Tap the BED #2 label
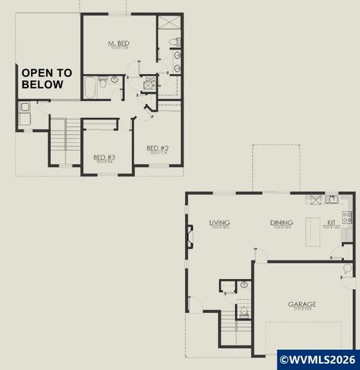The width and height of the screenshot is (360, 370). coord(157,148)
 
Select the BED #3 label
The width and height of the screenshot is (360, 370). coord(104,158)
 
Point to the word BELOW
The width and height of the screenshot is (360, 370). coord(42,85)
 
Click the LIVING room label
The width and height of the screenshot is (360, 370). coord(220,224)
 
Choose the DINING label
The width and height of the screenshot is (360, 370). coord(281,224)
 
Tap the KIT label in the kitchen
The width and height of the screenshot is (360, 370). coord(331,224)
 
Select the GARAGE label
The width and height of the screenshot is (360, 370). coord(302,304)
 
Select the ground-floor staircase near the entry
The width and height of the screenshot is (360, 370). coord(227,331)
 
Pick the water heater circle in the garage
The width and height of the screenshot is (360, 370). coord(348,268)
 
